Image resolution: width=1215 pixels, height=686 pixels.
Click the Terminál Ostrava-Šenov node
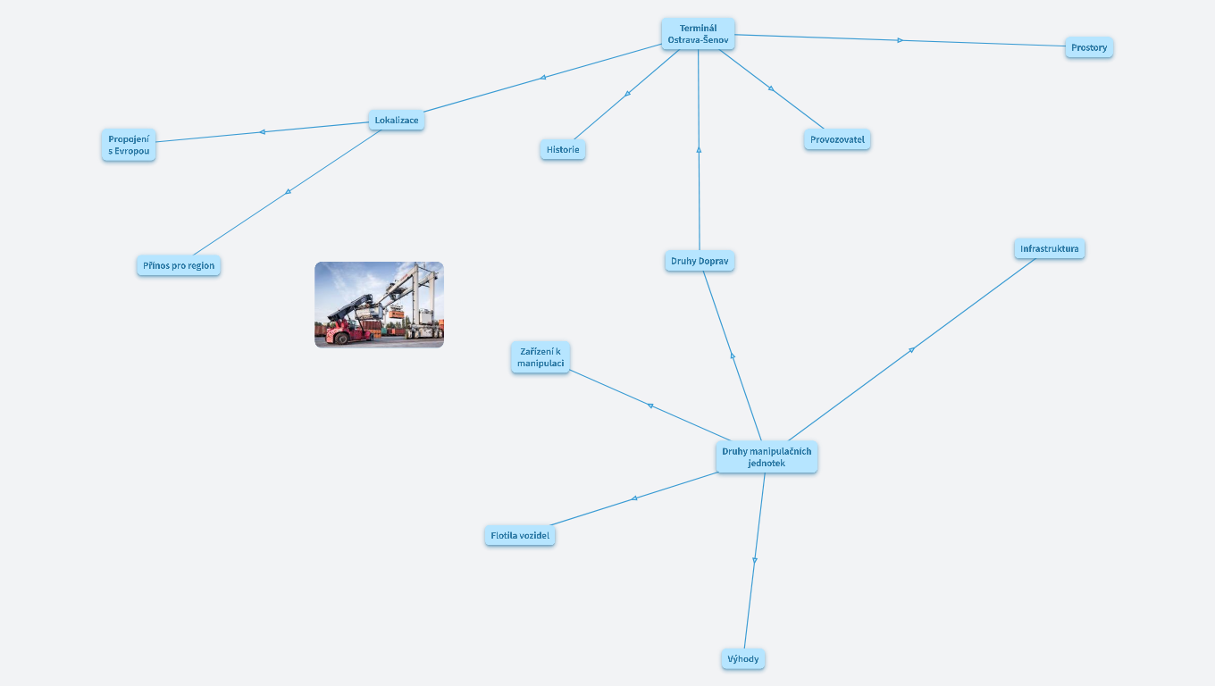698,34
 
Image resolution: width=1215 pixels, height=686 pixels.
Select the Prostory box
1089,47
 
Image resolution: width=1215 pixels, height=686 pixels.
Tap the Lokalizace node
396,120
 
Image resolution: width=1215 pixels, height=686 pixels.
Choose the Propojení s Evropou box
129,145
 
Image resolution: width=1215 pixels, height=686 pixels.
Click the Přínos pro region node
179,265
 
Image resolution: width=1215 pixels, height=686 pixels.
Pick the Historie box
563,149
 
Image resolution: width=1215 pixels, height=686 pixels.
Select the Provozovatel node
837,139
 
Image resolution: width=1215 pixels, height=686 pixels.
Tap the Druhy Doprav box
700,261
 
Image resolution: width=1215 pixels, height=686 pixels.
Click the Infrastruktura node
1049,248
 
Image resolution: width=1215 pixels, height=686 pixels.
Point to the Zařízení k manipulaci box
540,357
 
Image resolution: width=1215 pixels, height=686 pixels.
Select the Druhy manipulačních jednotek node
767,456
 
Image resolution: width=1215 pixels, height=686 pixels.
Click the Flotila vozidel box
520,535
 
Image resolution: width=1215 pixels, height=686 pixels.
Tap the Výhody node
743,659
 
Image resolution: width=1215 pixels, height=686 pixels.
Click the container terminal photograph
379,305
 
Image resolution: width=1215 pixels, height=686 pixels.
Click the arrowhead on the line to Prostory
901,40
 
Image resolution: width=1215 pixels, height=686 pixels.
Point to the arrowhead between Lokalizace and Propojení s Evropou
262,132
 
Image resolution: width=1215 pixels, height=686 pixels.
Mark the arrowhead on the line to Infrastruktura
911,350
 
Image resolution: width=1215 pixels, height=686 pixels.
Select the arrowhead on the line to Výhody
755,561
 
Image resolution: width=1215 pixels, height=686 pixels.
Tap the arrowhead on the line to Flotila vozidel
633,498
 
